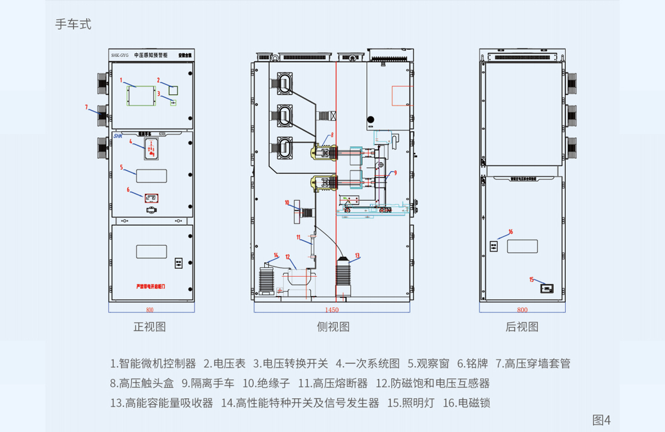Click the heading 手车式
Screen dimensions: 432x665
click(73, 25)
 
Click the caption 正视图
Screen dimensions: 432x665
click(149, 327)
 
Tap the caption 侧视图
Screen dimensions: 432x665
click(333, 327)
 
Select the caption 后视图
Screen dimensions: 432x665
click(522, 327)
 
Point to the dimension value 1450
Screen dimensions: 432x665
click(332, 310)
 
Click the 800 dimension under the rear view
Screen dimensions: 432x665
click(522, 310)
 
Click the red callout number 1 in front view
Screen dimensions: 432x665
click(121, 80)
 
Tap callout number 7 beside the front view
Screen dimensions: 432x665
click(86, 107)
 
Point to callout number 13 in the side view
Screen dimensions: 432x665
click(357, 255)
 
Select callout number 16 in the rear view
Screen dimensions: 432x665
click(510, 231)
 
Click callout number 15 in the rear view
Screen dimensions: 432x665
click(532, 279)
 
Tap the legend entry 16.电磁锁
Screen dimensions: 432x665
click(467, 402)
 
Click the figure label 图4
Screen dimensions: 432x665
click(601, 419)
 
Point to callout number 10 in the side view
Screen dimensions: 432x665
click(287, 203)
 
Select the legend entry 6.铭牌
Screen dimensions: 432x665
click(473, 364)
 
